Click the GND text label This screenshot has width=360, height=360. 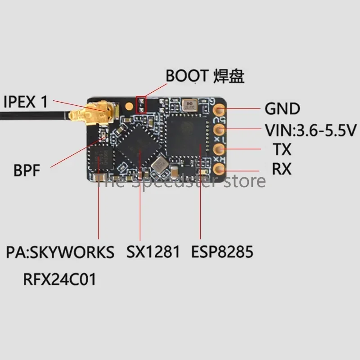pyautogui.click(x=282, y=108)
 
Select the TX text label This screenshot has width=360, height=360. pyautogui.click(x=282, y=149)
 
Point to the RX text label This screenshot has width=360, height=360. pyautogui.click(x=282, y=169)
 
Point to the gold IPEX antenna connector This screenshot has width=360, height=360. pyautogui.click(x=104, y=110)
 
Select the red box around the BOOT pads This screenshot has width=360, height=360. pyautogui.click(x=141, y=104)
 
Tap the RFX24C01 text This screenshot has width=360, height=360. pyautogui.click(x=59, y=279)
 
